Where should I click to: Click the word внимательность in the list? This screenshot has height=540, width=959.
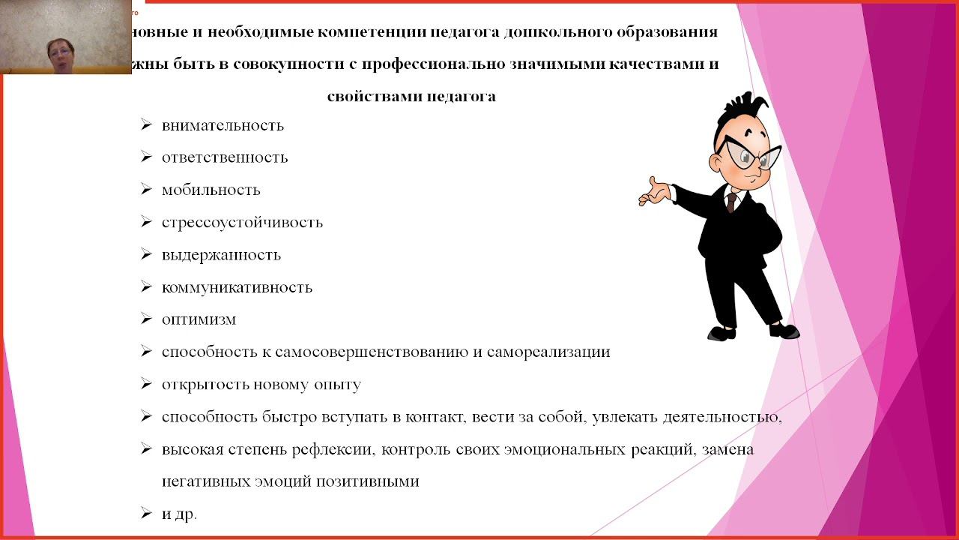click(223, 125)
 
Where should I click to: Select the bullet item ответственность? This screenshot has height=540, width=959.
click(225, 157)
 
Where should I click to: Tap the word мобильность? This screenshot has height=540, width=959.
click(211, 190)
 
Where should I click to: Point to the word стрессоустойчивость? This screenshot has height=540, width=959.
click(242, 222)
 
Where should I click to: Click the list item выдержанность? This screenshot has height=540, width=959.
click(221, 255)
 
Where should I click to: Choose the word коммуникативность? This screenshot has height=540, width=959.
click(237, 287)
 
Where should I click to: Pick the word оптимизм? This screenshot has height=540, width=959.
click(199, 319)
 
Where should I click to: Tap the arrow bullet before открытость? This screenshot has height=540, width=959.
click(146, 385)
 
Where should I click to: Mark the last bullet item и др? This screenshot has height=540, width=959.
click(179, 514)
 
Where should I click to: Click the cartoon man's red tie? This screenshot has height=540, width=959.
click(731, 201)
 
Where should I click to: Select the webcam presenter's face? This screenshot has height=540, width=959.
click(59, 52)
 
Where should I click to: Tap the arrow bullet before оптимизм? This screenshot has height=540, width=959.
click(146, 319)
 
